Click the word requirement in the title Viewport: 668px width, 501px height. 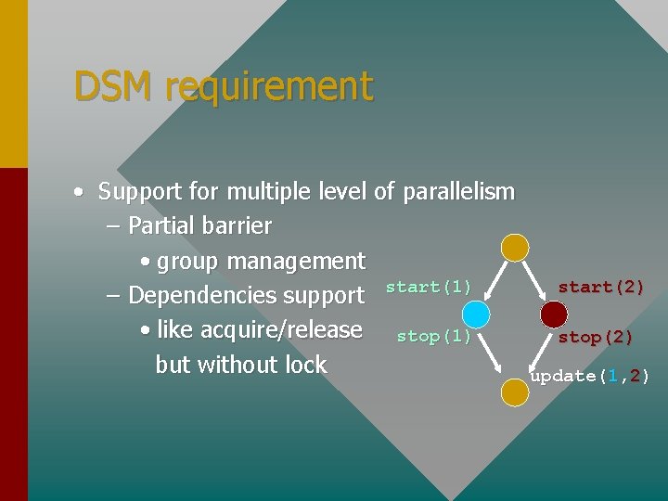tap(269, 86)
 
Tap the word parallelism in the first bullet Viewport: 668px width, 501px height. tap(456, 192)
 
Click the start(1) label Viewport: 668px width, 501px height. tap(428, 287)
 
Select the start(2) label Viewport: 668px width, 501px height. tap(600, 287)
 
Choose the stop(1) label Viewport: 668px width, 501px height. tap(433, 336)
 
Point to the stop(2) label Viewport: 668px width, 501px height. tap(595, 337)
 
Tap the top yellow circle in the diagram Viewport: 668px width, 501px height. tap(515, 247)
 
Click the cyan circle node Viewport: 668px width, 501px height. tap(477, 314)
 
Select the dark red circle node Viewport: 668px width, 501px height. tap(554, 315)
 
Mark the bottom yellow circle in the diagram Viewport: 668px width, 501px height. tap(515, 392)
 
